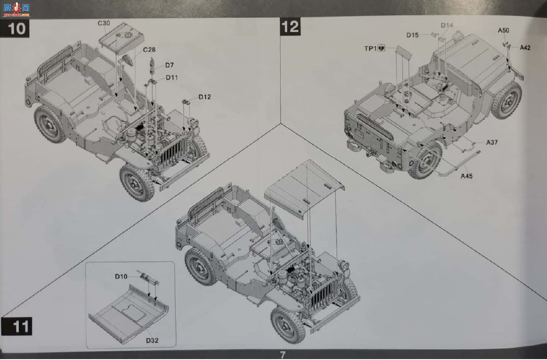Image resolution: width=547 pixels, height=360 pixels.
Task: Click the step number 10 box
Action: coord(15,28)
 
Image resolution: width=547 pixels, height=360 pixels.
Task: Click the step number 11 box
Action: coord(17,326)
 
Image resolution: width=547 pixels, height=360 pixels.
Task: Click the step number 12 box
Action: coord(290,27)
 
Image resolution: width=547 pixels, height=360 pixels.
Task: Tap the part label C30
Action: coord(104,23)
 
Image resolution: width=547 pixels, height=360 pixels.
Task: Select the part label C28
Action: coord(149,50)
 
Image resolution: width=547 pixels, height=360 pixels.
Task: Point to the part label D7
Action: coord(169,65)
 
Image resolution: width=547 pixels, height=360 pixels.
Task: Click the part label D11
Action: coord(172,77)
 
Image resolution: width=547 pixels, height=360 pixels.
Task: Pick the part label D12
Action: coord(204,97)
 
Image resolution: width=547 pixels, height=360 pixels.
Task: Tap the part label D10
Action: coord(121,276)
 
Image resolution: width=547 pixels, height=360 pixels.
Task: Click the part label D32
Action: coord(152,340)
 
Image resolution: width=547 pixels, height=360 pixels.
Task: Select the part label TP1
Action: coord(370,49)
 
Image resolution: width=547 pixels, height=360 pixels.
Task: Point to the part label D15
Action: coord(412,35)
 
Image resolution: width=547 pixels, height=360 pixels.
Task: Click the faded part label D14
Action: coord(447,25)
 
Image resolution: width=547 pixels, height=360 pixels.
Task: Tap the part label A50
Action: coord(504,31)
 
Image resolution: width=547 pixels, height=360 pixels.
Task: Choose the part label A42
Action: coord(525,48)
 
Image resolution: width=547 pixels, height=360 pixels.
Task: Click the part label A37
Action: coord(492,142)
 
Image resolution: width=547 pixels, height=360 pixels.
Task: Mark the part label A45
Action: coord(466,176)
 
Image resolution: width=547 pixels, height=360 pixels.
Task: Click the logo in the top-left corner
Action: coord(16,9)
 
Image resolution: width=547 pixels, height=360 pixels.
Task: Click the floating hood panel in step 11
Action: coord(304,189)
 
